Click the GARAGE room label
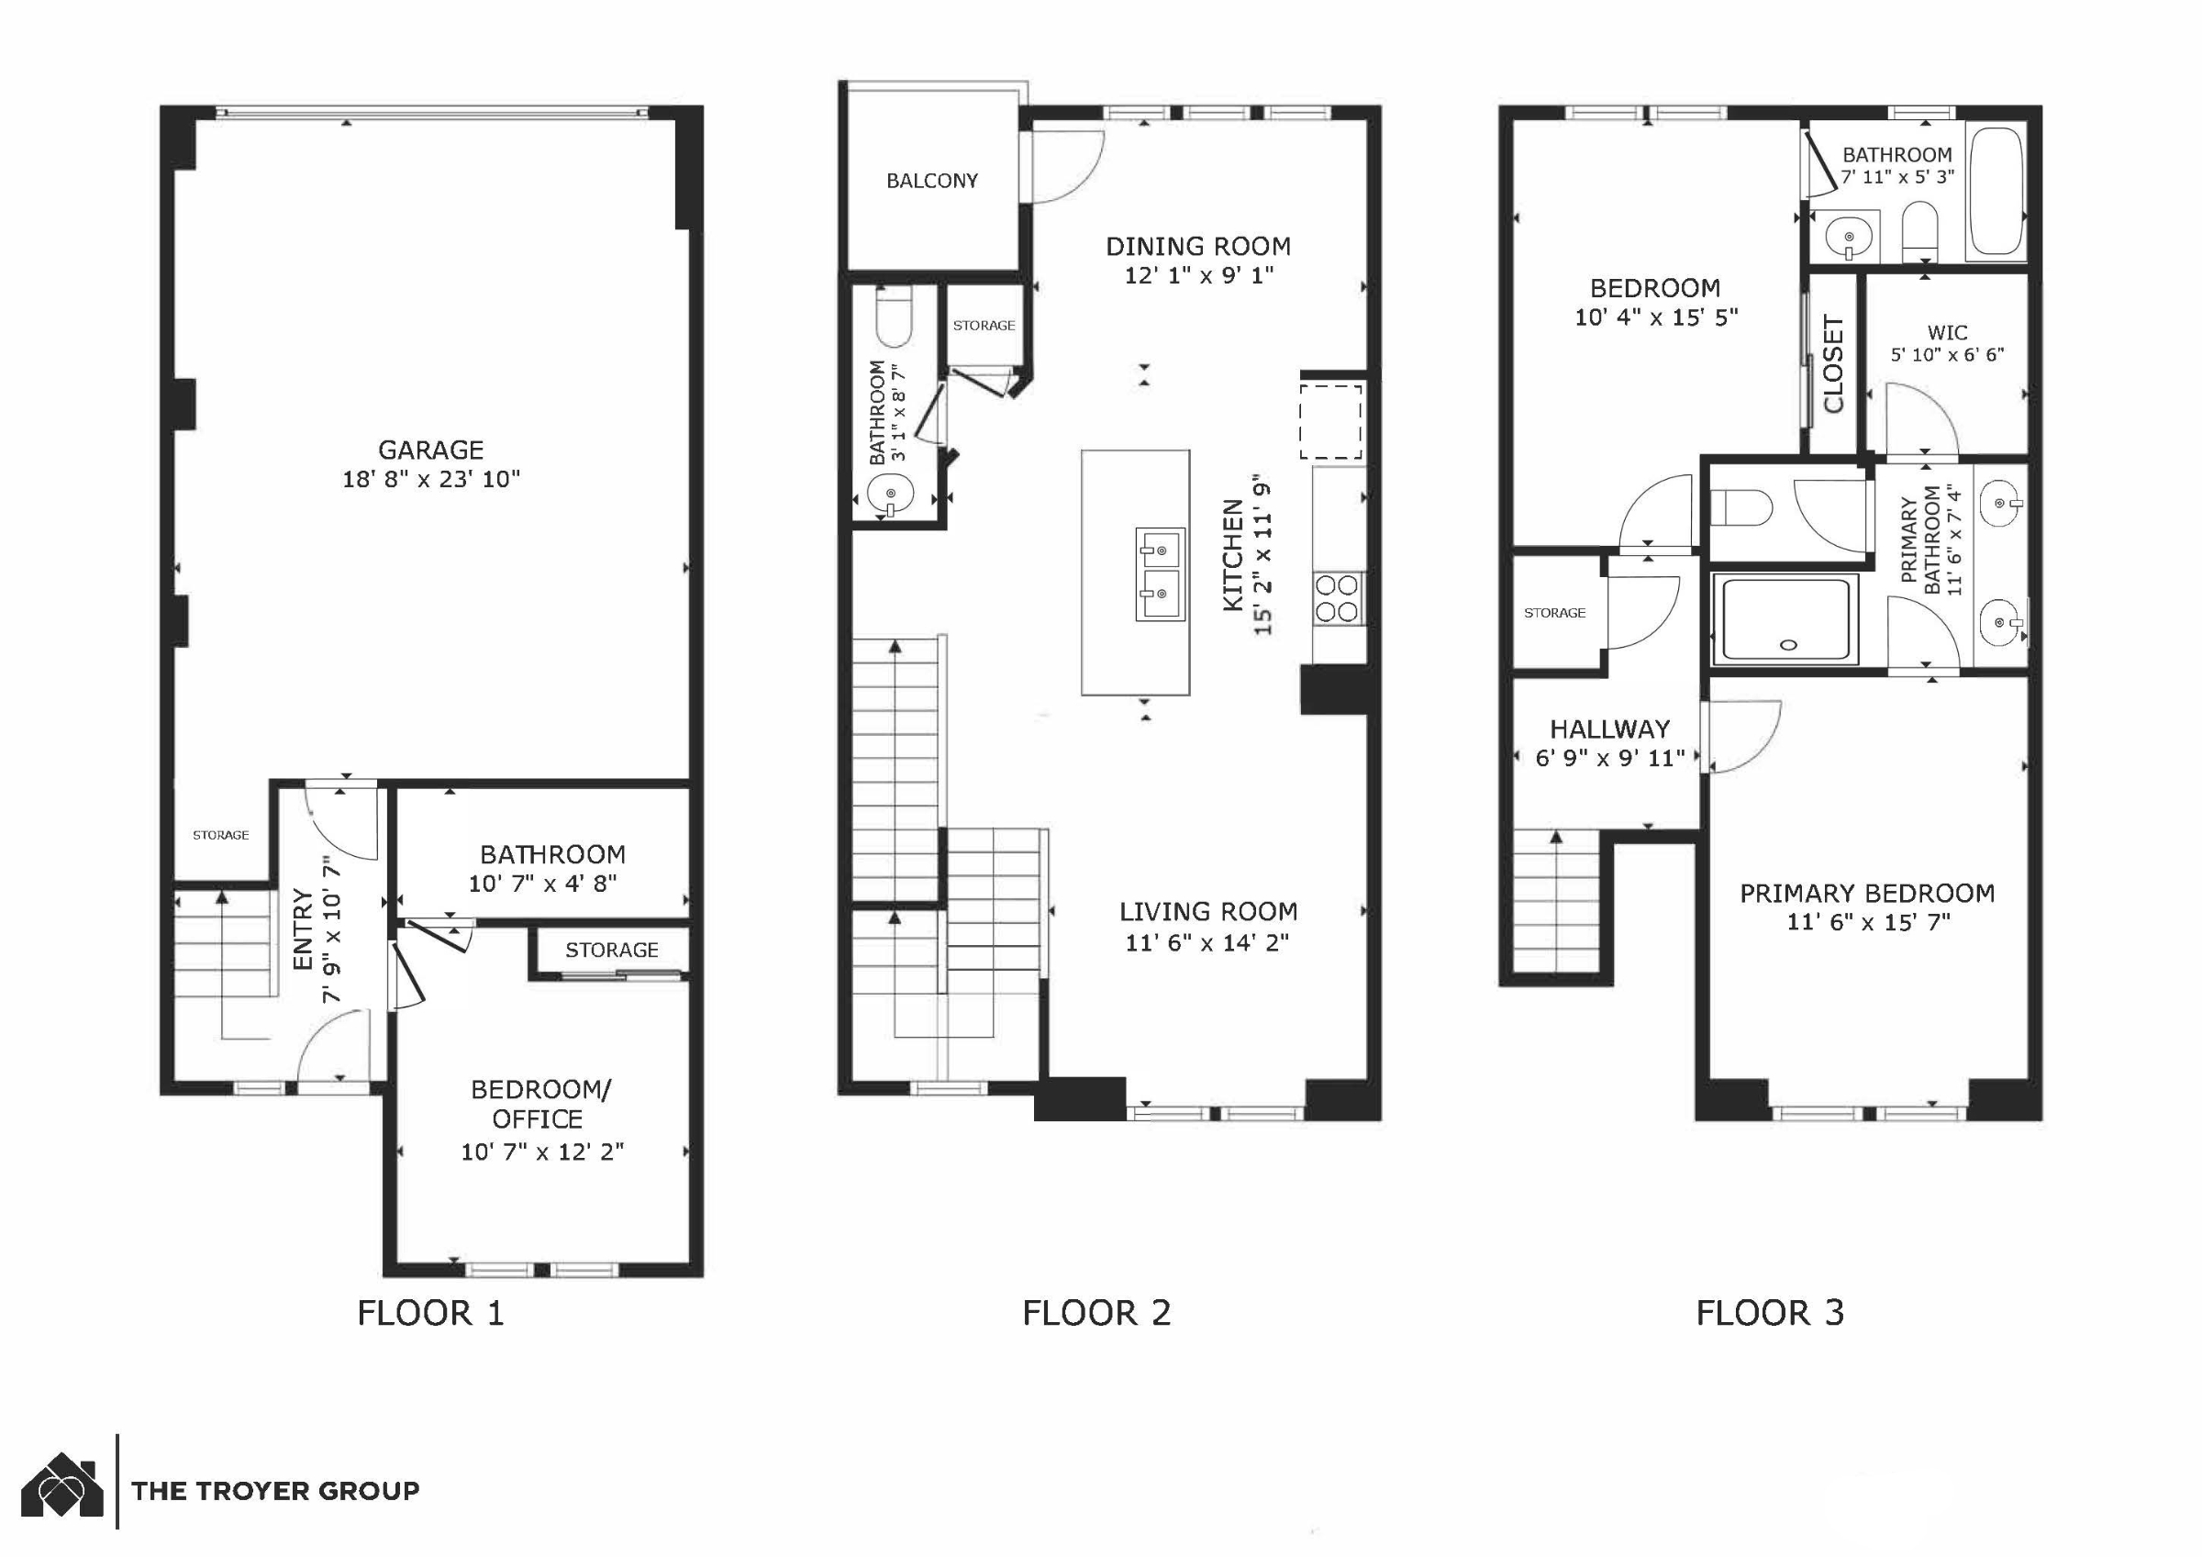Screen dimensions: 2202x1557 click(x=430, y=449)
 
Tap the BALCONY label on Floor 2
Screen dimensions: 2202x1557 click(x=932, y=181)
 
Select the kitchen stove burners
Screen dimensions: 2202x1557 click(x=1338, y=597)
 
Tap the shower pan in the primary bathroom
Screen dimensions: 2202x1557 click(x=1785, y=619)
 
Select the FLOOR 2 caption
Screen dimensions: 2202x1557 click(x=1096, y=1312)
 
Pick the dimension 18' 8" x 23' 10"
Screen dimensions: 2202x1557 click(x=430, y=479)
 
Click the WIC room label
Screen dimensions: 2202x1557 click(x=1947, y=333)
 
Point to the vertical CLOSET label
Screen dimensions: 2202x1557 click(x=1833, y=364)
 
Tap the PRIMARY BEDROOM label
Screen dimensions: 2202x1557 click(x=1867, y=893)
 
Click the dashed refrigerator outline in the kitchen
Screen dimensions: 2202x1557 click(x=1331, y=422)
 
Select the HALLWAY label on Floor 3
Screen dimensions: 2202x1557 click(x=1610, y=728)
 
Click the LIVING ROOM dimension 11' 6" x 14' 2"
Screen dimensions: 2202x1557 click(x=1207, y=942)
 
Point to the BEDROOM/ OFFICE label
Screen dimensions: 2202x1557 click(x=540, y=1104)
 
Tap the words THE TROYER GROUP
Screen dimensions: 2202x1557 click(x=275, y=1491)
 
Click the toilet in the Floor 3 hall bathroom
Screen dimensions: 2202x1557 click(x=1920, y=231)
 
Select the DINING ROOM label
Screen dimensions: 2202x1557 click(x=1198, y=247)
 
